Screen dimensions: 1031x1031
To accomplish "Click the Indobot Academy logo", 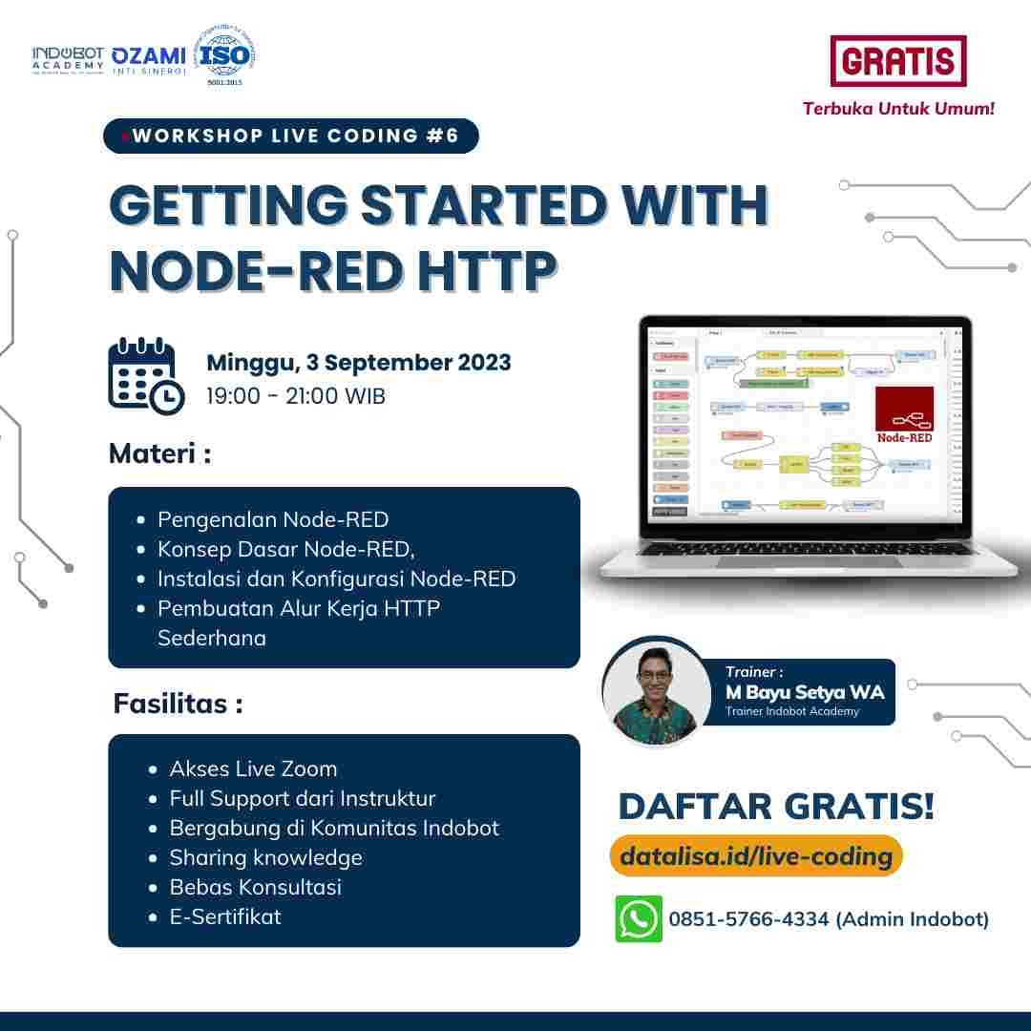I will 67,59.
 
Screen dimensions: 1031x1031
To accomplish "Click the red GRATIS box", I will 897,62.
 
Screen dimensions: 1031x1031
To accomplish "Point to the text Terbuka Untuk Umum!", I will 898,108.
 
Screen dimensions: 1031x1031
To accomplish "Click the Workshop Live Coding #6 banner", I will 290,136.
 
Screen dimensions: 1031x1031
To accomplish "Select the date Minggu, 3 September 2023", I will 358,363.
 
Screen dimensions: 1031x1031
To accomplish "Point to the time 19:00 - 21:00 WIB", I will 296,396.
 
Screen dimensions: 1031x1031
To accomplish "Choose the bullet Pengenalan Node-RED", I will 272,519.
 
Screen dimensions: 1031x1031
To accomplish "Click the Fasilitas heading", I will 178,704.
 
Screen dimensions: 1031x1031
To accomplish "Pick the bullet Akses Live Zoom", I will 253,768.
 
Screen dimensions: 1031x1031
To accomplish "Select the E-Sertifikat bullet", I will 225,916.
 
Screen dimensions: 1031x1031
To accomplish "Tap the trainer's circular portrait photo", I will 656,692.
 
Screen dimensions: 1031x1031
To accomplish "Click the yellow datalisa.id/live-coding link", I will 755,856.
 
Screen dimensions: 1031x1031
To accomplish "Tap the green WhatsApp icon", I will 638,918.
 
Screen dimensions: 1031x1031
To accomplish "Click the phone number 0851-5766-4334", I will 749,919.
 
